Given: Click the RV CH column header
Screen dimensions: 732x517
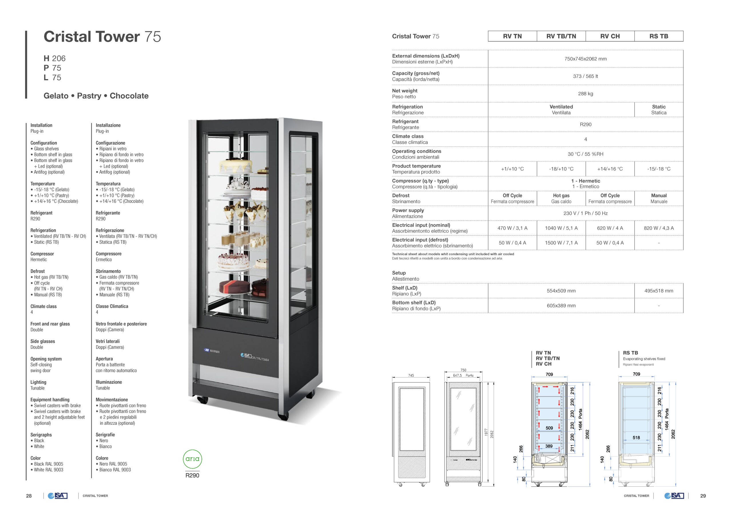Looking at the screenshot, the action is [x=610, y=36].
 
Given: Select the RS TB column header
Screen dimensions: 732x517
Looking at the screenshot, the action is [x=659, y=36].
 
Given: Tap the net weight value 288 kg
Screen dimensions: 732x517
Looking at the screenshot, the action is [x=585, y=94].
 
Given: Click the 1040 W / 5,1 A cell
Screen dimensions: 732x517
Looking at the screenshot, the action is [x=561, y=228].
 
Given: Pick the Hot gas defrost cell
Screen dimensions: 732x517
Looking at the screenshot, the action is [x=561, y=199].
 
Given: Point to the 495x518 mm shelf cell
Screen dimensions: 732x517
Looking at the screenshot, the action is [x=659, y=291].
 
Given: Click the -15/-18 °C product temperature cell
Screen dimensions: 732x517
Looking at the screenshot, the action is [x=659, y=169].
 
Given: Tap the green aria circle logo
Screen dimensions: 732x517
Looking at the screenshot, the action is [x=192, y=459].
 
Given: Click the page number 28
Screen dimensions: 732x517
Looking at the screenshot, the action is [x=29, y=496].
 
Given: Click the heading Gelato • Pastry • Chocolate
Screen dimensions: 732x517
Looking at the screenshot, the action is [x=96, y=96].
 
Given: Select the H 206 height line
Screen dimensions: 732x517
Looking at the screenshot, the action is [x=55, y=58].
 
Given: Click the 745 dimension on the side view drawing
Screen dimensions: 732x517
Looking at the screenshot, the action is [x=411, y=375].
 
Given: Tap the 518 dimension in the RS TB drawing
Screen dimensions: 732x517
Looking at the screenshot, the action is [x=636, y=438].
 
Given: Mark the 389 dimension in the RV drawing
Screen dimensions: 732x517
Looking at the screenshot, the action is [x=549, y=446].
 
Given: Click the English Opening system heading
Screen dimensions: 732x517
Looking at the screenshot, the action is [x=46, y=359].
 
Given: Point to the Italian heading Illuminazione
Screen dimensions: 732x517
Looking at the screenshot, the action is [x=109, y=382].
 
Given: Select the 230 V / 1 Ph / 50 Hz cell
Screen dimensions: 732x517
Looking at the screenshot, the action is [x=585, y=213].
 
